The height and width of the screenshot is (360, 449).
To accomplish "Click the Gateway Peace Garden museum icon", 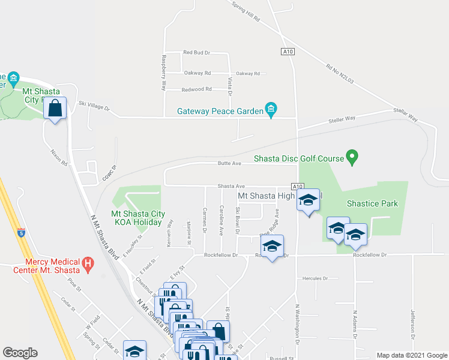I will point(271,110).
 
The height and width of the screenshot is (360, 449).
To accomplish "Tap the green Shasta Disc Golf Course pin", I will point(353,158).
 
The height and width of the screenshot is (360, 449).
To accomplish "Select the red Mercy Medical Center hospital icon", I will point(88,263).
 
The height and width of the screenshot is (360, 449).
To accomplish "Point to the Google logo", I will point(20,353).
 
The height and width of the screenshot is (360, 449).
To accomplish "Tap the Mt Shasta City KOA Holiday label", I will point(138,218).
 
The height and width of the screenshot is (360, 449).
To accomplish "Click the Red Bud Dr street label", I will point(196,53).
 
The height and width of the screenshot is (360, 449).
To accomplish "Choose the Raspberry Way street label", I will point(163,73).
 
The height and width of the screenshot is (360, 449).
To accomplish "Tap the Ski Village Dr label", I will point(94,106).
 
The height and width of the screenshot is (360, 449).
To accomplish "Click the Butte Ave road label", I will point(229,163).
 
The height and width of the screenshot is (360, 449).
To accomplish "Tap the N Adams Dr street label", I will point(355,325).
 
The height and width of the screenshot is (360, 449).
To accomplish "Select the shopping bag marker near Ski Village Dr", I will point(55,109).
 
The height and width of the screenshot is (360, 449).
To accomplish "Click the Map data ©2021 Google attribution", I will point(412,355).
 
